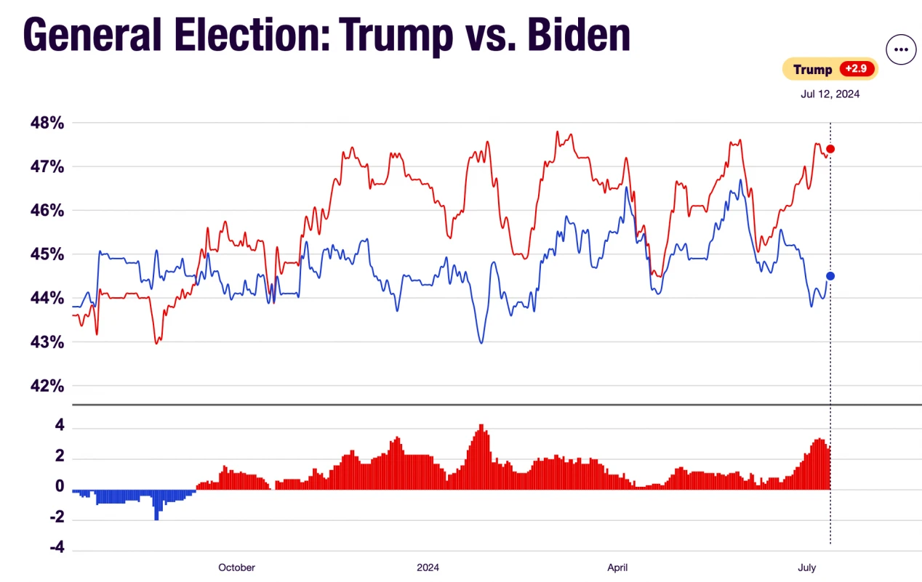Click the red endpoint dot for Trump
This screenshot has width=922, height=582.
[830, 149]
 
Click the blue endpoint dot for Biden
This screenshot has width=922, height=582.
[830, 276]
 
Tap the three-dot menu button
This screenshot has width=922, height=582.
[901, 49]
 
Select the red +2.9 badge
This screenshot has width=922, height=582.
[857, 69]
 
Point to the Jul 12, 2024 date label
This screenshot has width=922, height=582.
[830, 94]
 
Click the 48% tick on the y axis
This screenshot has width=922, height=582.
[47, 123]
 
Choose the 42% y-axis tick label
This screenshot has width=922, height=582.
[47, 386]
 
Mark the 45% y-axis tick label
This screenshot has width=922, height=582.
[47, 254]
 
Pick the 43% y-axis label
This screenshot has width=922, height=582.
[47, 341]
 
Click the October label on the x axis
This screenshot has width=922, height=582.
[236, 567]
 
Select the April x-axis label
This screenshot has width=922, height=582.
[617, 567]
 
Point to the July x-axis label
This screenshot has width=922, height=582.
[806, 567]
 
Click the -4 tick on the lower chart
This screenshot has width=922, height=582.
[57, 548]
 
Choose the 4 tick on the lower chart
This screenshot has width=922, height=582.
[60, 427]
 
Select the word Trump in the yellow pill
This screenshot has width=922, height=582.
[812, 70]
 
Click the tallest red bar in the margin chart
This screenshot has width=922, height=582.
[481, 458]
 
